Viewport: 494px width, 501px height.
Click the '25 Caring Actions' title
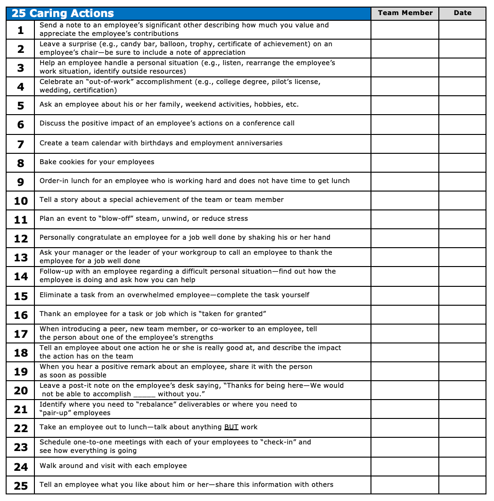pyautogui.click(x=63, y=13)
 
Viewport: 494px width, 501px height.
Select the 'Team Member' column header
pyautogui.click(x=405, y=13)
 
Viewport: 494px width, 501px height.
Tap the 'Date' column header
pyautogui.click(x=462, y=13)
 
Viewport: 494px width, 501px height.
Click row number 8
pyautogui.click(x=21, y=163)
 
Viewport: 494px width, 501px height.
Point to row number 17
pyautogui.click(x=21, y=334)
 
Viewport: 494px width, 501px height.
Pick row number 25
pyautogui.click(x=21, y=485)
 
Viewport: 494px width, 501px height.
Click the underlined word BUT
pyautogui.click(x=231, y=427)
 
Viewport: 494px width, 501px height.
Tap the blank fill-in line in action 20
pyautogui.click(x=144, y=394)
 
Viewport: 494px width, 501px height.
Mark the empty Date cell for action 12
pyautogui.click(x=462, y=238)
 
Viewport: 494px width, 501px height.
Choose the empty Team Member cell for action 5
pyautogui.click(x=405, y=105)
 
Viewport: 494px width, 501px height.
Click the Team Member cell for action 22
pyautogui.click(x=405, y=428)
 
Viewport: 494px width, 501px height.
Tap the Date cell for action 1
pyautogui.click(x=462, y=30)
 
